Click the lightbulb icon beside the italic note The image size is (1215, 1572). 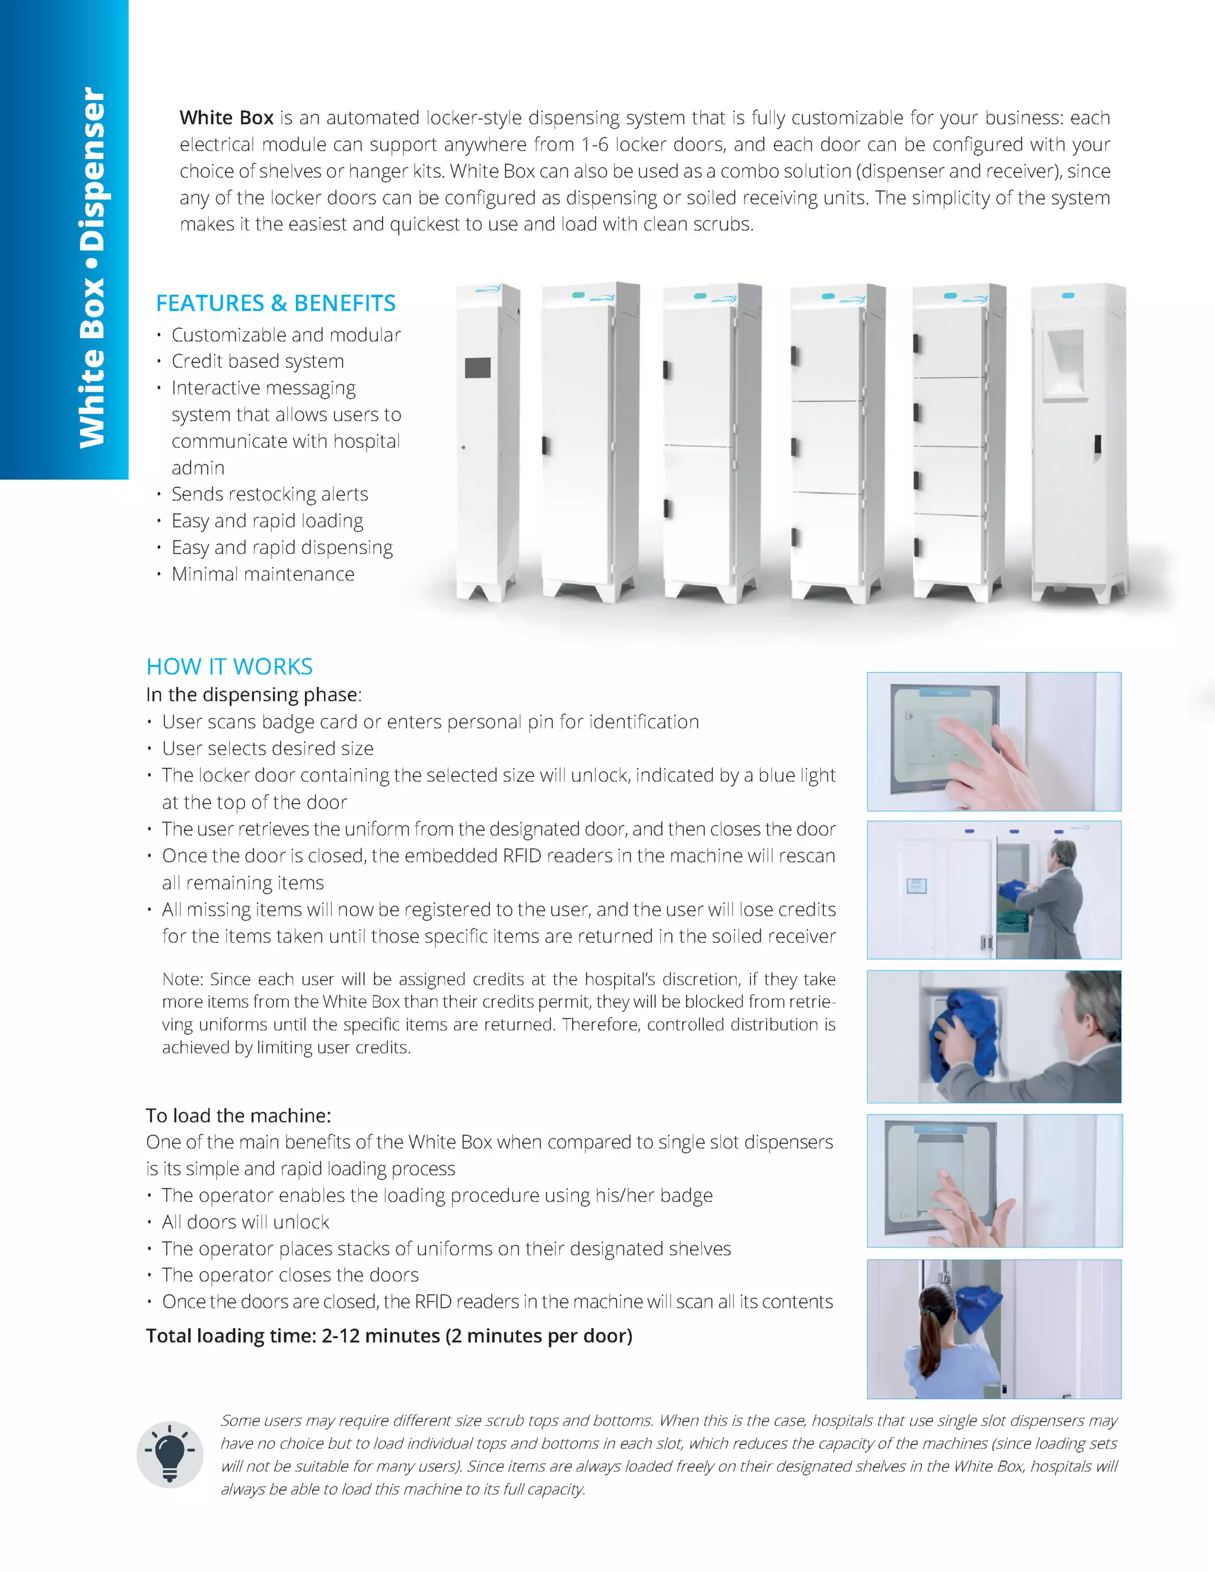[x=170, y=1455]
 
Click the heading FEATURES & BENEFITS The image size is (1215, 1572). [x=276, y=303]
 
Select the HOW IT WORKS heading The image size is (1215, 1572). [x=229, y=667]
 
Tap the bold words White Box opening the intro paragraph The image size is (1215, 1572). [x=226, y=117]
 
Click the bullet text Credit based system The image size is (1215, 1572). [x=257, y=361]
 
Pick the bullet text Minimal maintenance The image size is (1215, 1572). [x=263, y=574]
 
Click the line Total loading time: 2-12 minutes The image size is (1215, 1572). [x=389, y=1336]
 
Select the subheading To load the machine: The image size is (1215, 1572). [x=238, y=1116]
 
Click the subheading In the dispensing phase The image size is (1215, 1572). [x=253, y=695]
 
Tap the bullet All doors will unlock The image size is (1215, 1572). [x=245, y=1222]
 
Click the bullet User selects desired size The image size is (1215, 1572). [x=267, y=749]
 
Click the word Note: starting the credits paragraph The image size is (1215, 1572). [x=183, y=979]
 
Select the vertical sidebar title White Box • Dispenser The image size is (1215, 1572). [x=92, y=266]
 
